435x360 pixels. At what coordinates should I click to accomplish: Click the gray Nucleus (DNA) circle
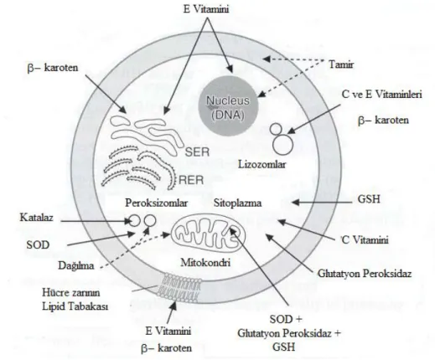click(x=228, y=106)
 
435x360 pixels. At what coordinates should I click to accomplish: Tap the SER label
click(x=197, y=152)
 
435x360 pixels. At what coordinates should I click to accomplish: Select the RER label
click(x=191, y=180)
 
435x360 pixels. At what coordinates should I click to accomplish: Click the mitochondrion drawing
click(x=209, y=233)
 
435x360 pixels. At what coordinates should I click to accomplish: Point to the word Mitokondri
click(x=205, y=263)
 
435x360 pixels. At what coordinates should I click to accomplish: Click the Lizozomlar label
click(x=262, y=164)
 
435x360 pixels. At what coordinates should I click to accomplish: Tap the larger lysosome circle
click(x=282, y=144)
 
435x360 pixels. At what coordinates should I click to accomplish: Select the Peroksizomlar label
click(x=156, y=203)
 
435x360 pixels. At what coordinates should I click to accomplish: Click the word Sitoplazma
click(x=237, y=203)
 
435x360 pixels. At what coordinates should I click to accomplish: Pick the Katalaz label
click(x=36, y=218)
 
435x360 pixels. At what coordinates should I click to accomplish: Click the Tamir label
click(x=341, y=64)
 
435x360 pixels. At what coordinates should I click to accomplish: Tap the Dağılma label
click(x=76, y=265)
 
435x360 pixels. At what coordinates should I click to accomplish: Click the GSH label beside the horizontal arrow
click(x=369, y=199)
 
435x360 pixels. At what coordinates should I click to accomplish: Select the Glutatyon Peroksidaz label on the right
click(x=365, y=273)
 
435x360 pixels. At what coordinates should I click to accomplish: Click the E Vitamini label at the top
click(x=206, y=9)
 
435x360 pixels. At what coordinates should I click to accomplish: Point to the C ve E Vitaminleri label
click(x=381, y=95)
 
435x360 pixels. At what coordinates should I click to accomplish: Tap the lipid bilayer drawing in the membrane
click(x=179, y=287)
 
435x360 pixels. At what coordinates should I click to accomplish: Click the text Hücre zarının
click(x=71, y=293)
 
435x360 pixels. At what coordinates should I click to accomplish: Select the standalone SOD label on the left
click(x=38, y=244)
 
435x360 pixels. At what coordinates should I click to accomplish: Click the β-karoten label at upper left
click(x=53, y=68)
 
